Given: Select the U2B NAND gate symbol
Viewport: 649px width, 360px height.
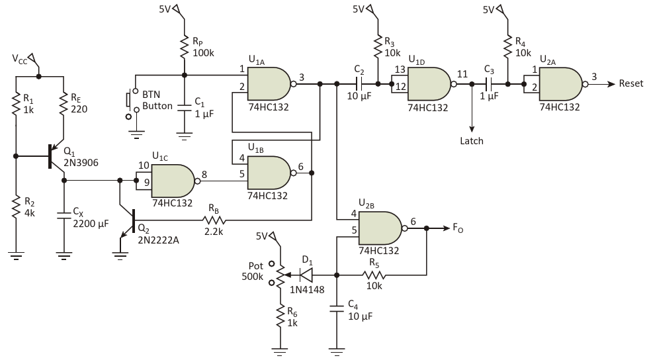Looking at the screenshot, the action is [382, 228].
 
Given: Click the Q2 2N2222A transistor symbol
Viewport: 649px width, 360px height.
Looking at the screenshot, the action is [128, 224].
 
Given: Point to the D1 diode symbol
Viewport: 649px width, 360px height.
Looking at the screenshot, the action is [306, 275].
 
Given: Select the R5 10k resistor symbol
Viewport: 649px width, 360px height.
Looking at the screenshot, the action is [374, 275].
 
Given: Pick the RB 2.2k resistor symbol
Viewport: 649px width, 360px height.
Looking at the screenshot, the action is [214, 220].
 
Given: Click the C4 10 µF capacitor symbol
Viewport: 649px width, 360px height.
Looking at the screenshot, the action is [337, 308].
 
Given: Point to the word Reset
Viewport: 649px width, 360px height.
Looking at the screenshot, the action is [630, 83].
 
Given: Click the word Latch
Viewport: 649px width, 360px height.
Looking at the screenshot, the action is [472, 141].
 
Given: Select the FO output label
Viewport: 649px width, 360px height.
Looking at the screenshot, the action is [458, 228].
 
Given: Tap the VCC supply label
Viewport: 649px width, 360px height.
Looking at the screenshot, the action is [19, 59].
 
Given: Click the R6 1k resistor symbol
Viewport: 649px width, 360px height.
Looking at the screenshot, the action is [281, 316].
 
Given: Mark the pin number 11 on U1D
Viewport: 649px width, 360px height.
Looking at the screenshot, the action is [462, 74].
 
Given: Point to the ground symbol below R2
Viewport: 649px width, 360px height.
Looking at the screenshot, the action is [16, 255].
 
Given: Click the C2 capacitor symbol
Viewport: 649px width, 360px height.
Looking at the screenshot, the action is [359, 84].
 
